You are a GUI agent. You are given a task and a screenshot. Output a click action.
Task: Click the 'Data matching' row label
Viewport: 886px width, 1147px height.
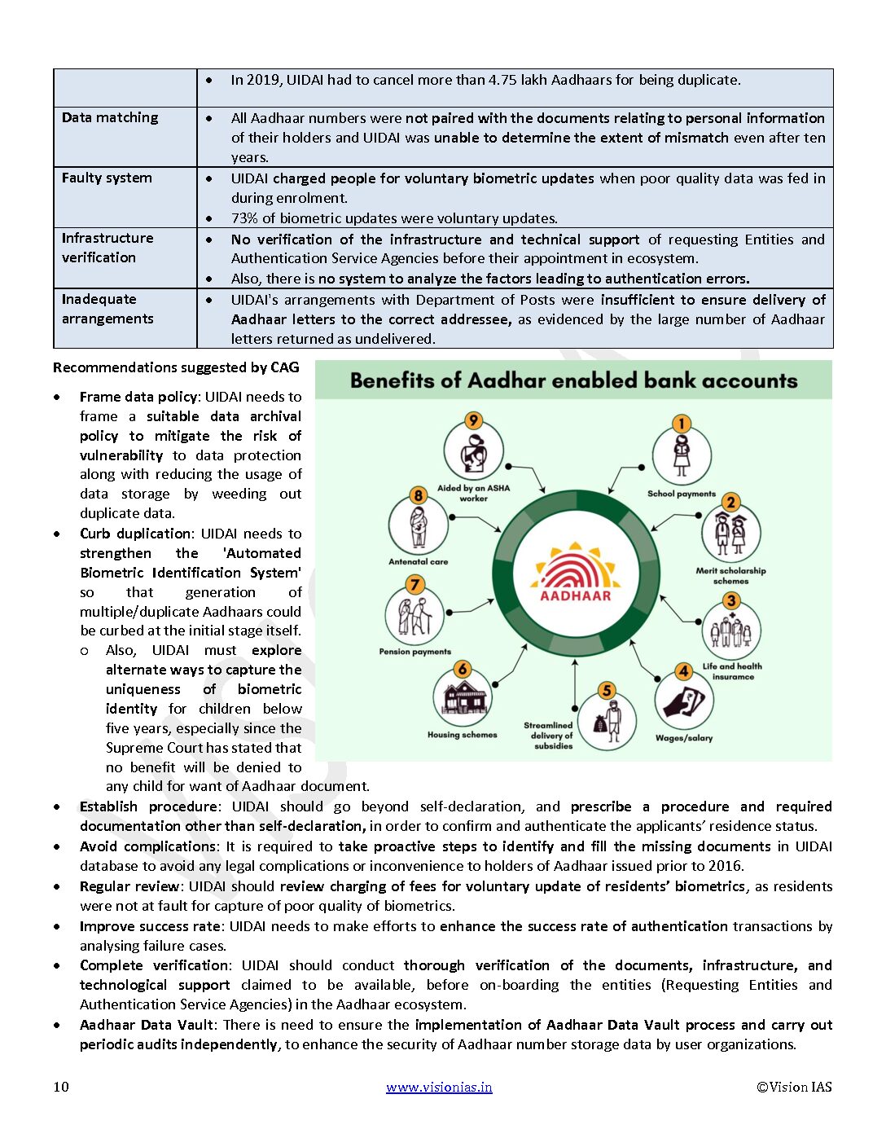[110, 117]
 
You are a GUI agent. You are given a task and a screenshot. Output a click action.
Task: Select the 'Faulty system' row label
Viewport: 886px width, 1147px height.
[107, 178]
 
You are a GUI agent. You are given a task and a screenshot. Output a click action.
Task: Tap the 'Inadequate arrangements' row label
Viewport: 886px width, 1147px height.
[107, 309]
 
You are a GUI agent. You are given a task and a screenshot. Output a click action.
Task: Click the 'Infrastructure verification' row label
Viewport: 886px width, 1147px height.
[107, 248]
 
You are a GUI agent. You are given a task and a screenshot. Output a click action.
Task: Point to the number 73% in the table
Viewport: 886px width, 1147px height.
[243, 218]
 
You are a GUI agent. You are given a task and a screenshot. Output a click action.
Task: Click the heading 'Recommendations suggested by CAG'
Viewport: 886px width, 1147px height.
[176, 367]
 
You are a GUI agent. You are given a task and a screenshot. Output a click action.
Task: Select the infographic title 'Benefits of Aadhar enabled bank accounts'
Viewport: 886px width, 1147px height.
[573, 380]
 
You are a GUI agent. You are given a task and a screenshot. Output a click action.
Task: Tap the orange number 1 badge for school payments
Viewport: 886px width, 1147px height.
[682, 423]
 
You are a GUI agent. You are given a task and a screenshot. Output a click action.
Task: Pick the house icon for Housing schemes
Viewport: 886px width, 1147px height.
[463, 698]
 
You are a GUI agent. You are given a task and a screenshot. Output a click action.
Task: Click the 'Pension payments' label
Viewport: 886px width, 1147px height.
[414, 652]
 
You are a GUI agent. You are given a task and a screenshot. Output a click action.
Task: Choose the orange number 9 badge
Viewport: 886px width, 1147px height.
[473, 420]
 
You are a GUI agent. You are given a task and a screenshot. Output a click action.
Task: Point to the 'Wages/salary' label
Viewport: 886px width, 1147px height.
[684, 738]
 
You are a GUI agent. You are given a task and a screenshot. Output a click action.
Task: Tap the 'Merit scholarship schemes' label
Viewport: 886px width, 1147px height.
[730, 576]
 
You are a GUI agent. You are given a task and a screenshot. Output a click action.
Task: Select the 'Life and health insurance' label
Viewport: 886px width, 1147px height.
[732, 671]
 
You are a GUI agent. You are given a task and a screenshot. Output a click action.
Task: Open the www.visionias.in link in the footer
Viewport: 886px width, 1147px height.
[439, 1087]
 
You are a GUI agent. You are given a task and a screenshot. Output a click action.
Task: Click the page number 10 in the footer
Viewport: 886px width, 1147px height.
[61, 1087]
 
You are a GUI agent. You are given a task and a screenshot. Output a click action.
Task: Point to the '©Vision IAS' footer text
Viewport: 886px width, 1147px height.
[794, 1087]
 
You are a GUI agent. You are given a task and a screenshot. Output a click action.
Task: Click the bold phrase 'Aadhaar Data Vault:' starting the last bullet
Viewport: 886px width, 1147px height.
[148, 1025]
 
